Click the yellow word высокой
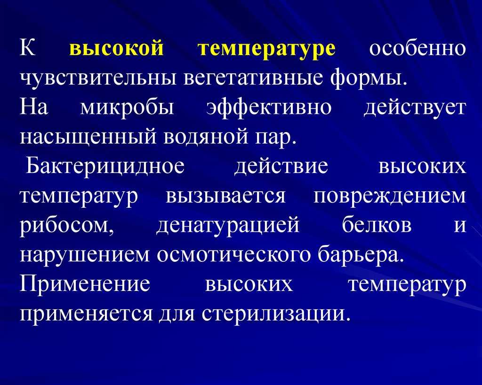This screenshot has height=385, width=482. (117, 48)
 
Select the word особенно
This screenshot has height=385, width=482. (417, 48)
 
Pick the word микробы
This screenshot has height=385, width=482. (127, 108)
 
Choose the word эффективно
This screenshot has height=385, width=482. (269, 108)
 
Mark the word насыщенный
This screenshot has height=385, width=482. (88, 137)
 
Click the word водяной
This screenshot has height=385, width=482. (206, 138)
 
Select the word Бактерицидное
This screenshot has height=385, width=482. (105, 166)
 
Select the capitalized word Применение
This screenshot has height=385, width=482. (85, 284)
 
